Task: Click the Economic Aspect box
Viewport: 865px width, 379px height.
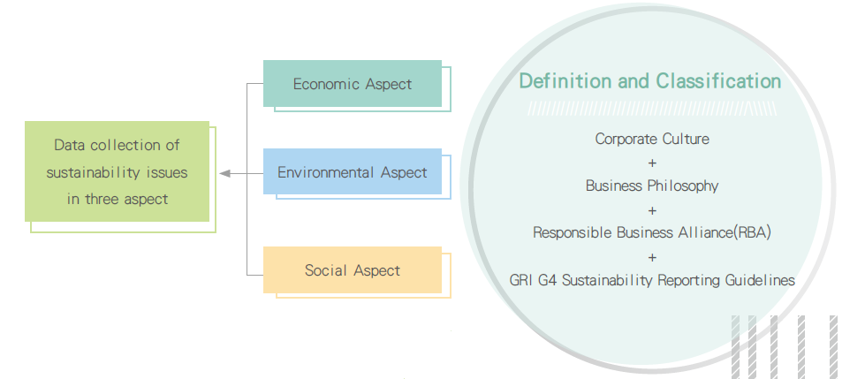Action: coord(353,83)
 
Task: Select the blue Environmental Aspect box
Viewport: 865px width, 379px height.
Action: coord(353,171)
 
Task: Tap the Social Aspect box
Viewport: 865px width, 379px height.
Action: coord(353,269)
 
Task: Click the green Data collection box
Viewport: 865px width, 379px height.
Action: coord(117,171)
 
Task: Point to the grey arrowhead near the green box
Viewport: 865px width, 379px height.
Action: coord(224,173)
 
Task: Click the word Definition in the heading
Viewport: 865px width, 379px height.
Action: coord(565,81)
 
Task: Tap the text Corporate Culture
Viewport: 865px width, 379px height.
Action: coord(652,139)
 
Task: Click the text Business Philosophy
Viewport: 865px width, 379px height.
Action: coord(652,186)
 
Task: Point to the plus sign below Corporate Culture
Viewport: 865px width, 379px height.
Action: coord(653,163)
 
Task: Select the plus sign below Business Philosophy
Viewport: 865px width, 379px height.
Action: coord(653,210)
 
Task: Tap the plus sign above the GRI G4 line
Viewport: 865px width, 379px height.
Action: coord(653,257)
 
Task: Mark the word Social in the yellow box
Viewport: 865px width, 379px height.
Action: coord(325,270)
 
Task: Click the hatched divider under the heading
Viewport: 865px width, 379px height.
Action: coord(652,109)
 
